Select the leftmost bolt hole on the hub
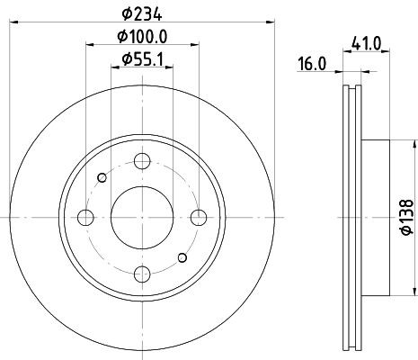tap(86, 217)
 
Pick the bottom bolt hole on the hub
tap(142, 274)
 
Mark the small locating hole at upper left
tap(102, 177)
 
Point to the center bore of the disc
tap(142, 217)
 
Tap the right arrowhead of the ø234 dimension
tap(268, 22)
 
